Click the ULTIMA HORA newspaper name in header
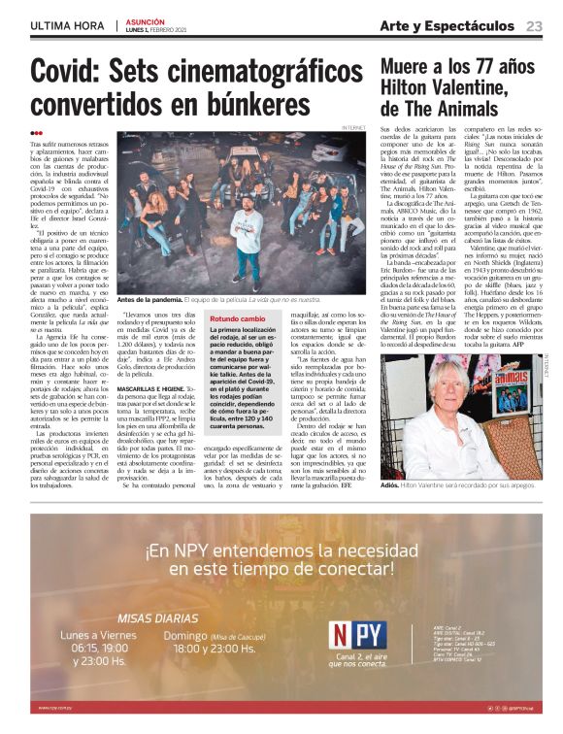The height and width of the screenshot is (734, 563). pos(67,26)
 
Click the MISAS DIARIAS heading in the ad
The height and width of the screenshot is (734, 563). pos(157,617)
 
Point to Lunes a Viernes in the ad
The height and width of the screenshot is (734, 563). pos(96,636)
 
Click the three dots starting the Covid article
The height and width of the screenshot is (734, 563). pos(37,134)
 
